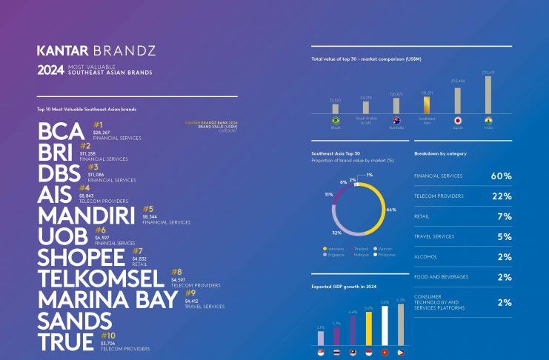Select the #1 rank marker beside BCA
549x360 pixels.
tap(98, 124)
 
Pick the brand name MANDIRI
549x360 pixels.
tap(86, 216)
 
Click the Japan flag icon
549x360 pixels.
tap(457, 120)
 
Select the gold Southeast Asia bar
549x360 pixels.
tap(426, 104)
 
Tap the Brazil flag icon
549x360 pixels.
tap(335, 120)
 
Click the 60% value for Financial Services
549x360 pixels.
tap(501, 176)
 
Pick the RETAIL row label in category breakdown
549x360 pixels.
tap(422, 217)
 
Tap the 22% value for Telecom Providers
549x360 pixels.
tap(501, 196)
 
